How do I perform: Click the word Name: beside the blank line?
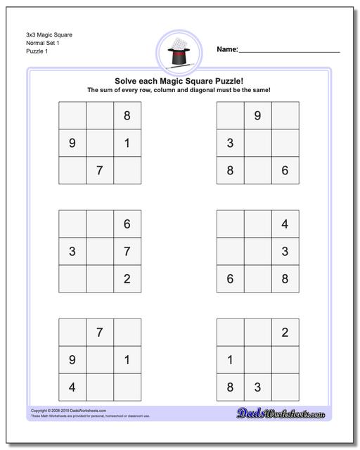tap(227, 50)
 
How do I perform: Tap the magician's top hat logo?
tap(180, 52)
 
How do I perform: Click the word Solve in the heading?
tap(123, 81)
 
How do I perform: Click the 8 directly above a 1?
tap(127, 116)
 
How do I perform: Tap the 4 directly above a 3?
tap(285, 224)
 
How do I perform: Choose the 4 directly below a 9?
tap(72, 387)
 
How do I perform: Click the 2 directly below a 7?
tap(127, 278)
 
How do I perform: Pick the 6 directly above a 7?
tap(127, 224)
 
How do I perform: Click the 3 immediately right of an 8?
tap(257, 387)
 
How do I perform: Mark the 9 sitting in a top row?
tap(257, 116)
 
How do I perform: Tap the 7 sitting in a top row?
tap(99, 333)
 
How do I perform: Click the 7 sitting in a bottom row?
tap(99, 170)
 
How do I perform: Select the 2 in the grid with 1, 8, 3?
tap(285, 333)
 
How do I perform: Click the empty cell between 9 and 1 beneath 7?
tap(99, 359)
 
